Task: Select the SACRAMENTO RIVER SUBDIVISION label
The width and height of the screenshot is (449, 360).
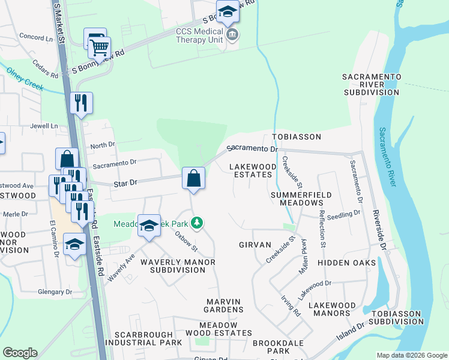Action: click(371, 85)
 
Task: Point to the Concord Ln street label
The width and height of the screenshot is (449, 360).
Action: click(36, 37)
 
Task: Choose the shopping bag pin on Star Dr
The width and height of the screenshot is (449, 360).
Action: click(193, 178)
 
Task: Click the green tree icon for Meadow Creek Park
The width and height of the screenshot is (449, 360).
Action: click(196, 224)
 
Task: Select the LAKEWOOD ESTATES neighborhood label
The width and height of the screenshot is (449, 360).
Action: click(253, 170)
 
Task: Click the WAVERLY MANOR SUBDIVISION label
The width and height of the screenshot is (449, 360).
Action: click(172, 266)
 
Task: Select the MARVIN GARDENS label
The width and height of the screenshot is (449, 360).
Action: click(223, 305)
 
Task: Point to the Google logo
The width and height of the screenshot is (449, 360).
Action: click(20, 353)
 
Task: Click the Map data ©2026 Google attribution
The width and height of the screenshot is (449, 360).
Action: click(411, 355)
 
